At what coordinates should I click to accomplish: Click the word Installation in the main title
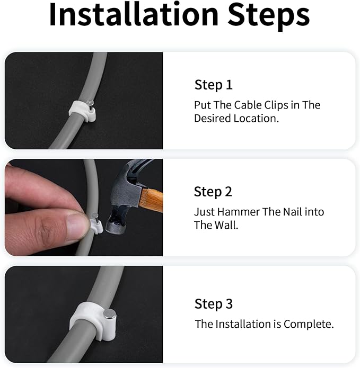coord(133,15)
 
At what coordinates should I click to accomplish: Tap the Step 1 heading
coord(213,85)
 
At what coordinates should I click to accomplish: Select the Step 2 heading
coord(213,192)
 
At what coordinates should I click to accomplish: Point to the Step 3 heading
coord(213,304)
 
